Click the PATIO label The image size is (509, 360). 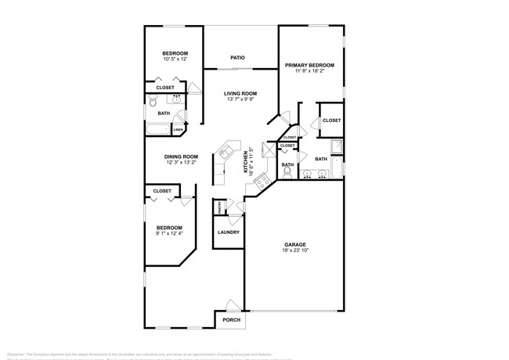click(238, 58)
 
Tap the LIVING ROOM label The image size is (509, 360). click(241, 93)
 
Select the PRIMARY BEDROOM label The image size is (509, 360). click(309, 65)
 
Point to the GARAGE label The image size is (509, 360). click(294, 244)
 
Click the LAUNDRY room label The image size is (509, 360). click(228, 232)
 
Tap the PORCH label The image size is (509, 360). click(231, 319)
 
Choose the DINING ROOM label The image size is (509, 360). click(181, 157)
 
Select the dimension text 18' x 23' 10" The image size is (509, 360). click(295, 251)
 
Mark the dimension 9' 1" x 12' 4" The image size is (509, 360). click(168, 233)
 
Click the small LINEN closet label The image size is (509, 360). click(179, 129)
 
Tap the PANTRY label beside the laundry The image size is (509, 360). click(220, 207)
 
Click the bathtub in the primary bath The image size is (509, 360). click(335, 168)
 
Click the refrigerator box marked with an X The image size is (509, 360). click(271, 149)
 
